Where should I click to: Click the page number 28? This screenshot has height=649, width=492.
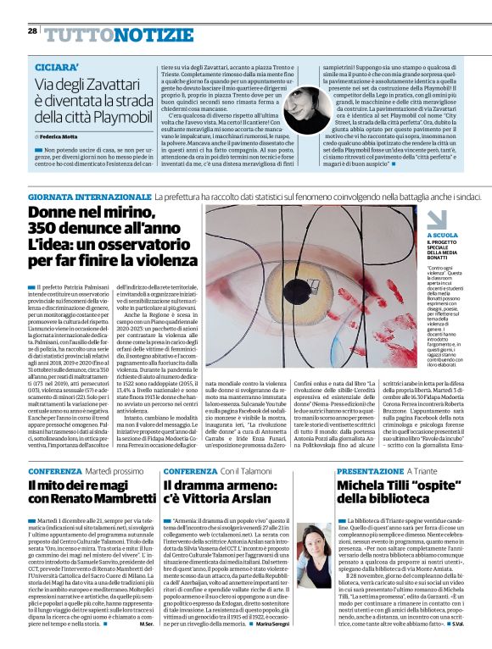[31, 31]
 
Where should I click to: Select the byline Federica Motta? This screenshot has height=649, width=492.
[59, 136]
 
